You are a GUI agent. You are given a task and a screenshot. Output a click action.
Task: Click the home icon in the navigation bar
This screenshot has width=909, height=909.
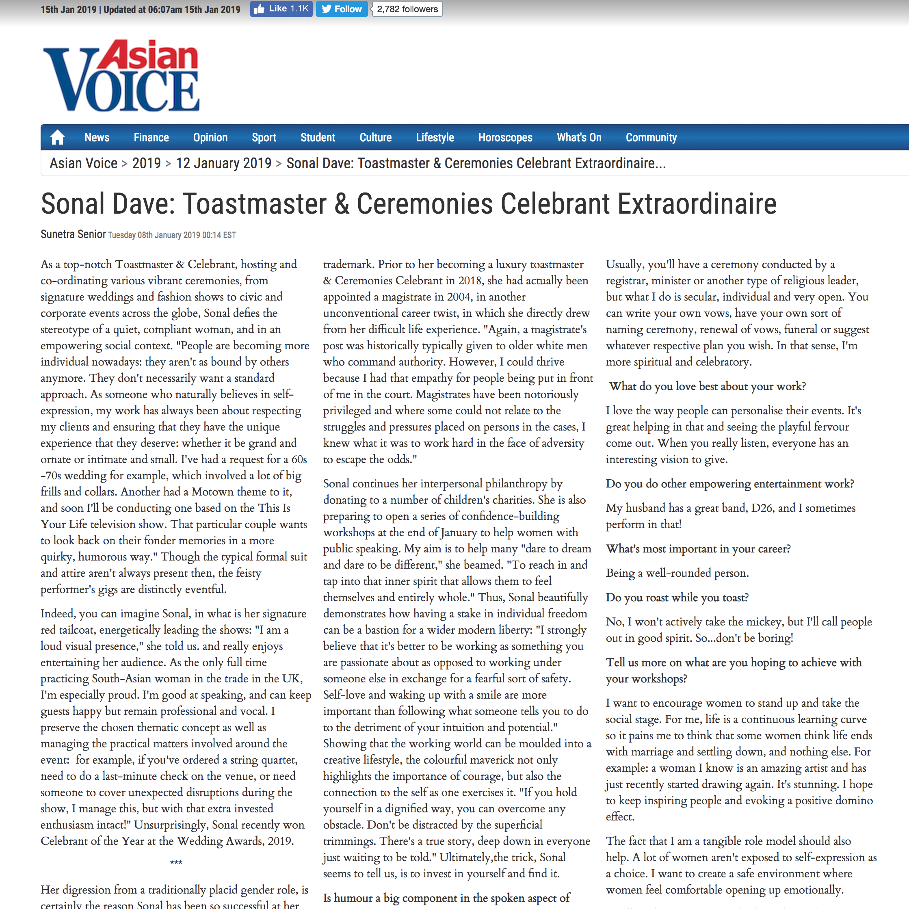[x=57, y=137]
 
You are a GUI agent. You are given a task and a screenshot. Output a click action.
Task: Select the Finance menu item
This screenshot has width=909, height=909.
[x=151, y=137]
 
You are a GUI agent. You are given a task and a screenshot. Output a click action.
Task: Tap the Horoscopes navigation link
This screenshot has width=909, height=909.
[x=505, y=137]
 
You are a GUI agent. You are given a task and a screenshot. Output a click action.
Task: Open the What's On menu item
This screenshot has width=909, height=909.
[x=579, y=137]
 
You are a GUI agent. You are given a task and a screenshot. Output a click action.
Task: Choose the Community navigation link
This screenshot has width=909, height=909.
[x=651, y=137]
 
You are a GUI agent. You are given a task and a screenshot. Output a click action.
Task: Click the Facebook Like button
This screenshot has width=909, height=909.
[x=281, y=9]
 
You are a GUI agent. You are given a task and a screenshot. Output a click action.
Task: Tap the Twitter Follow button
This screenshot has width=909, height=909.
[x=342, y=9]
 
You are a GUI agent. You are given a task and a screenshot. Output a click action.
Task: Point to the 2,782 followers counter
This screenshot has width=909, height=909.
[x=407, y=9]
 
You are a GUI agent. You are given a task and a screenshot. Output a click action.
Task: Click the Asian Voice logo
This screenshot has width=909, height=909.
[x=121, y=75]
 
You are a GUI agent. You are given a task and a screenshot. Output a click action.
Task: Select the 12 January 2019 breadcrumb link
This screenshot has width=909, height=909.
[x=223, y=163]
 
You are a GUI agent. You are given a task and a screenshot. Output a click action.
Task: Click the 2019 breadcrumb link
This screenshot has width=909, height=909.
[x=146, y=163]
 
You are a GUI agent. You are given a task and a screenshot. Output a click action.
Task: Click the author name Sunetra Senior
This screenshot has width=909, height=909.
[x=73, y=234]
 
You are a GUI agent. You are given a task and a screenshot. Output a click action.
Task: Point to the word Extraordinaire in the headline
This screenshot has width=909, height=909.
[x=696, y=204]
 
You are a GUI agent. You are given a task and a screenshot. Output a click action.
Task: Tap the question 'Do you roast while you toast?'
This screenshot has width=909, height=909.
[x=677, y=597]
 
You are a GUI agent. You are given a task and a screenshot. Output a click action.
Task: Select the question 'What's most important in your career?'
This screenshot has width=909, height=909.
[x=698, y=549]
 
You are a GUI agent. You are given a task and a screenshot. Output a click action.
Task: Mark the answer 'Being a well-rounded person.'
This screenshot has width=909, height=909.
[x=677, y=573]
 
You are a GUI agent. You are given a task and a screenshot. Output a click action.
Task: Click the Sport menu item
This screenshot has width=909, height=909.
[x=264, y=137]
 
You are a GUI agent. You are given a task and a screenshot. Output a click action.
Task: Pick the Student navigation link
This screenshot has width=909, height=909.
[x=318, y=137]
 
